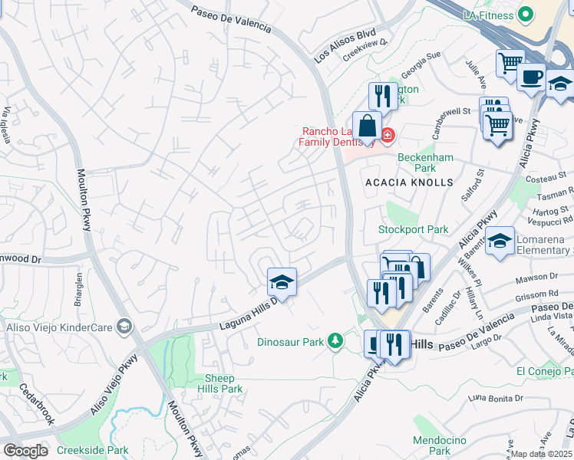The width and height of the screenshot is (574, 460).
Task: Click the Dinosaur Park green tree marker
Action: [x=335, y=340]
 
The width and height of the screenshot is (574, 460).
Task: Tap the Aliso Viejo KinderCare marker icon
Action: [x=124, y=327]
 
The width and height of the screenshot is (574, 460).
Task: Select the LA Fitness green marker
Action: [x=526, y=15]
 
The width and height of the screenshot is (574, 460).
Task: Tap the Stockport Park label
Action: [x=414, y=229]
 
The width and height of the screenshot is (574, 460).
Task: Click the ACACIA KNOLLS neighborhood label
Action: [x=409, y=182]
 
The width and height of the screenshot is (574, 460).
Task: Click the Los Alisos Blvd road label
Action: [x=345, y=46]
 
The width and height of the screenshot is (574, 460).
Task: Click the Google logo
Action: [x=25, y=451]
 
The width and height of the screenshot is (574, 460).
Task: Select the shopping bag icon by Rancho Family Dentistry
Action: [x=368, y=126]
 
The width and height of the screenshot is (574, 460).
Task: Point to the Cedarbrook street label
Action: [x=36, y=403]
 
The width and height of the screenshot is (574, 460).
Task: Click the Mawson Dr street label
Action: [x=538, y=276]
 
